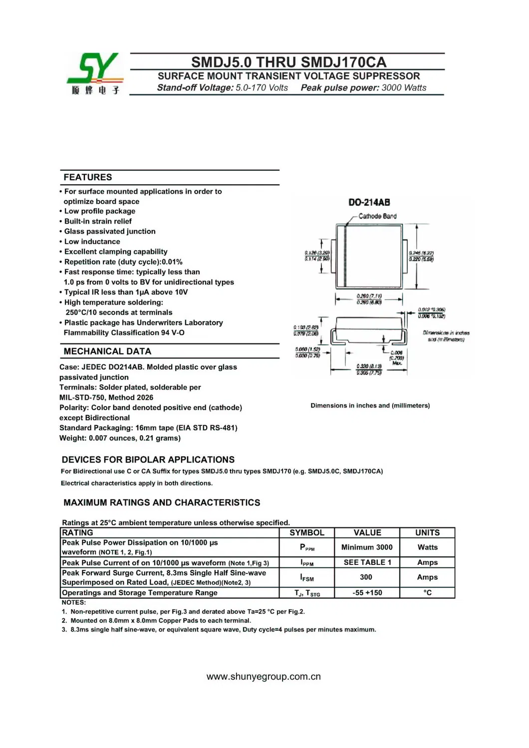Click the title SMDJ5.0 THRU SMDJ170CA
pyautogui.click(x=288, y=62)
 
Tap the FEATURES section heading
pyautogui.click(x=88, y=177)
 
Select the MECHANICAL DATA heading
pyautogui.click(x=107, y=351)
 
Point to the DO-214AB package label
pyautogui.click(x=369, y=203)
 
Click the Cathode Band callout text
pyautogui.click(x=377, y=216)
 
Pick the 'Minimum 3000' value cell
pyautogui.click(x=367, y=547)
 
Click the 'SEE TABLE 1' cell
pyautogui.click(x=367, y=562)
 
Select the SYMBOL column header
pyautogui.click(x=307, y=533)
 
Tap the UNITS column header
pyautogui.click(x=427, y=533)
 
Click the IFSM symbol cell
pyautogui.click(x=307, y=578)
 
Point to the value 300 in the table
pyautogui.click(x=366, y=577)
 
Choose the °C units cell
pyautogui.click(x=427, y=593)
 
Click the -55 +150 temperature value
pyautogui.click(x=367, y=593)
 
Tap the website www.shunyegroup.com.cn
pyautogui.click(x=264, y=677)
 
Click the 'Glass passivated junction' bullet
pyautogui.click(x=110, y=232)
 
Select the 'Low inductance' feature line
pyautogui.click(x=92, y=242)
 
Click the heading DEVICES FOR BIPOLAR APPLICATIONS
pyautogui.click(x=148, y=460)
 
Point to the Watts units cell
pyautogui.click(x=427, y=547)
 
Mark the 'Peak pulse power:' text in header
pyautogui.click(x=340, y=88)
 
